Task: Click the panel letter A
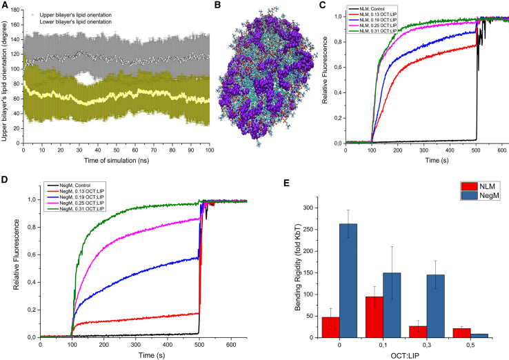(5, 5)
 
